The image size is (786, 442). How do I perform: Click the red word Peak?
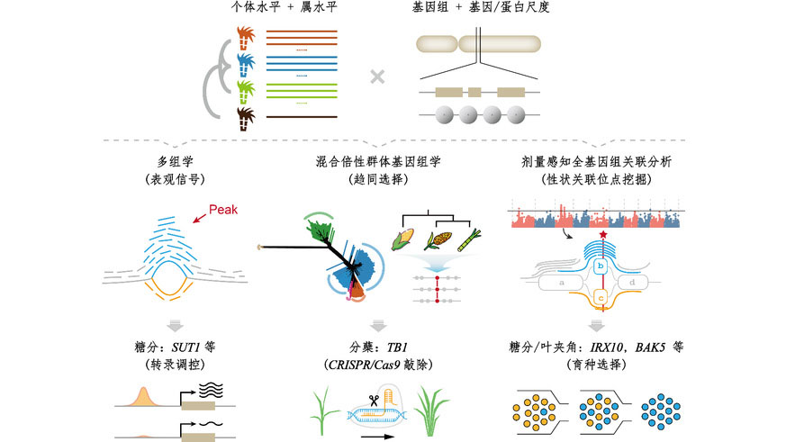pos(225,210)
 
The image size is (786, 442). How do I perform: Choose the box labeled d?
pos(634,282)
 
